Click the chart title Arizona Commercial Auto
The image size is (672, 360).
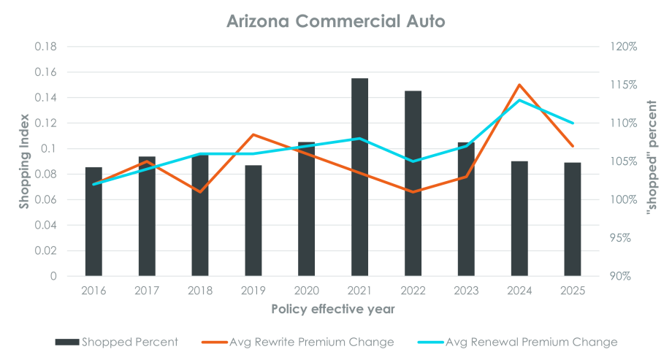coord(335,21)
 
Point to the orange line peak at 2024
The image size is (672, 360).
coord(519,85)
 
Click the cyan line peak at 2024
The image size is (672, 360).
coord(519,100)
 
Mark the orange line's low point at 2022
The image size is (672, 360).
coord(413,192)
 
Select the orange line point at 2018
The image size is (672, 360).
coord(200,192)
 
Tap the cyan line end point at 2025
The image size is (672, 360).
coord(573,123)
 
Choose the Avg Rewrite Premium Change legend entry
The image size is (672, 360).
coord(300,342)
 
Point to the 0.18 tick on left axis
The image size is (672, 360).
coord(48,47)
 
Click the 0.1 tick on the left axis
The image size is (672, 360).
coord(51,149)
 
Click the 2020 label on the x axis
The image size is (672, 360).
coord(306,291)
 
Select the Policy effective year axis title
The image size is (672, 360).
coord(333,309)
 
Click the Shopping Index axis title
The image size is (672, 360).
coord(23,161)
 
